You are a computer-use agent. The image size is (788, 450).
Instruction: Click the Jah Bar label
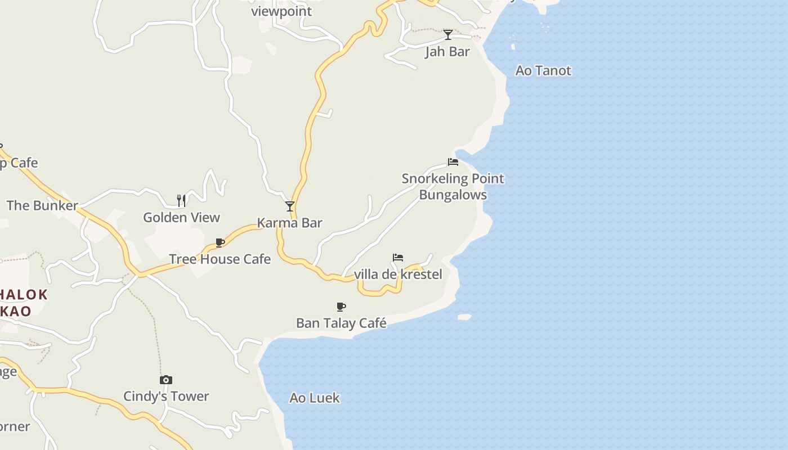tap(447, 52)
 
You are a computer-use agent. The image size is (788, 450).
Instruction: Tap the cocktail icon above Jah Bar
tap(448, 35)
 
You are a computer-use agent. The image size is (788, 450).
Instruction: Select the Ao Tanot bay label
tap(543, 71)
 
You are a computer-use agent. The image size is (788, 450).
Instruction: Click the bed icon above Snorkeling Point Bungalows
tap(453, 162)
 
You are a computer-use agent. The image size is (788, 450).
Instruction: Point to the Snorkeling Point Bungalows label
tap(453, 187)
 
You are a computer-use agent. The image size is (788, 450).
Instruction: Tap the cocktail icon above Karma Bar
tap(290, 206)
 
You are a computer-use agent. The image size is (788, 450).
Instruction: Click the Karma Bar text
tap(290, 223)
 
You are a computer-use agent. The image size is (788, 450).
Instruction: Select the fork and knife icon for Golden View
tap(181, 201)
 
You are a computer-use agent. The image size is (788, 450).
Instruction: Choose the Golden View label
tap(181, 218)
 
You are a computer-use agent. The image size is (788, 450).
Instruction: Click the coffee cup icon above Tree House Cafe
tap(220, 243)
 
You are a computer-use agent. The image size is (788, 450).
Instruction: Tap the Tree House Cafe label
tap(220, 259)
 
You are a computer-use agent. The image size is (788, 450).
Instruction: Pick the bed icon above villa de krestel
tap(398, 258)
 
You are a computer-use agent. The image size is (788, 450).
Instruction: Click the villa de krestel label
tap(398, 274)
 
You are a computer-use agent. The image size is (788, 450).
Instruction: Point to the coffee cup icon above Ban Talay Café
tap(341, 307)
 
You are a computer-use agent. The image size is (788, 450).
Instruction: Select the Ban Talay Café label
tap(341, 323)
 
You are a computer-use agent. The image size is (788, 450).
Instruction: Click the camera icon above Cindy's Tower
tap(166, 380)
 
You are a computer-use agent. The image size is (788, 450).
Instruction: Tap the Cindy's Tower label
tap(166, 397)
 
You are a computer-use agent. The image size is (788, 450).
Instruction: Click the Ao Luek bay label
tap(315, 398)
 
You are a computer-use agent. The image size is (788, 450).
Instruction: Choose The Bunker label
tap(42, 205)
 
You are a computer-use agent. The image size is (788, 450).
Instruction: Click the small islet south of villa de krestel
tap(464, 317)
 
